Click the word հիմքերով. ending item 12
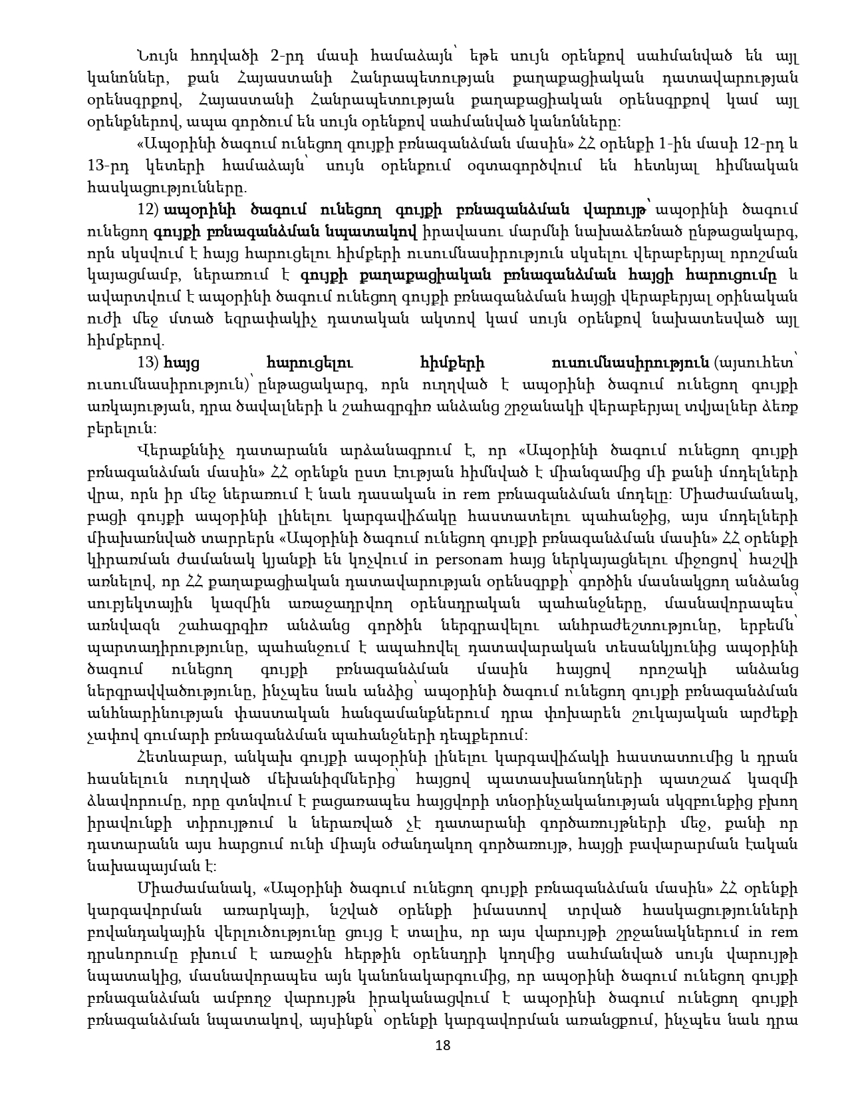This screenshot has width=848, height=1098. (125, 342)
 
